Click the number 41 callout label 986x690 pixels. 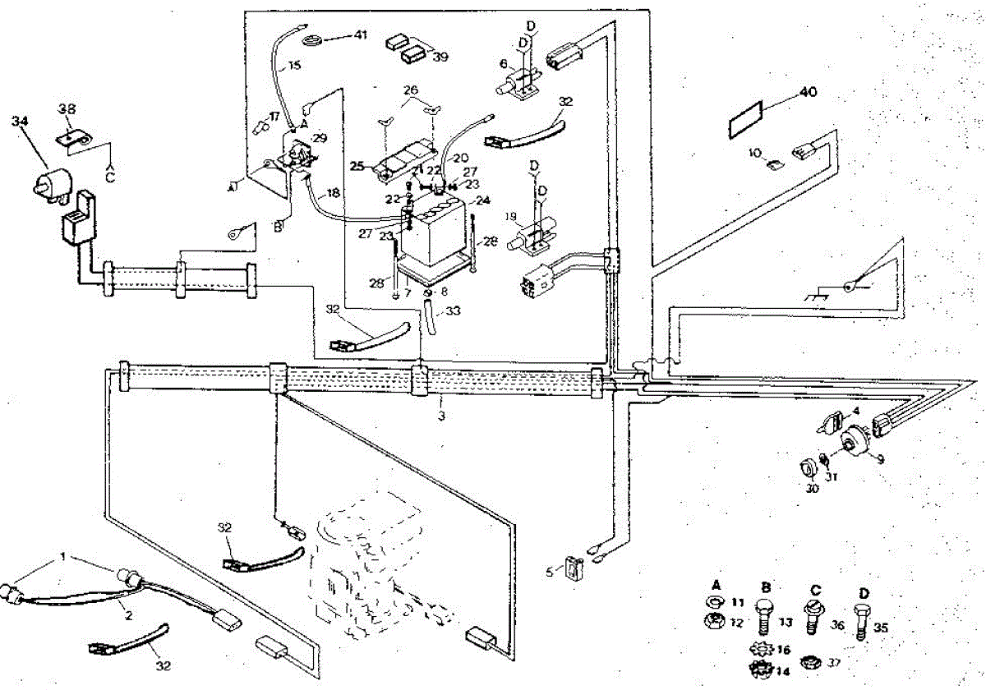pos(362,34)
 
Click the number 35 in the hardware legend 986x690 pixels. pos(880,628)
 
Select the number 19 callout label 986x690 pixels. pos(510,217)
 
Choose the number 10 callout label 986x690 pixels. pos(755,153)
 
